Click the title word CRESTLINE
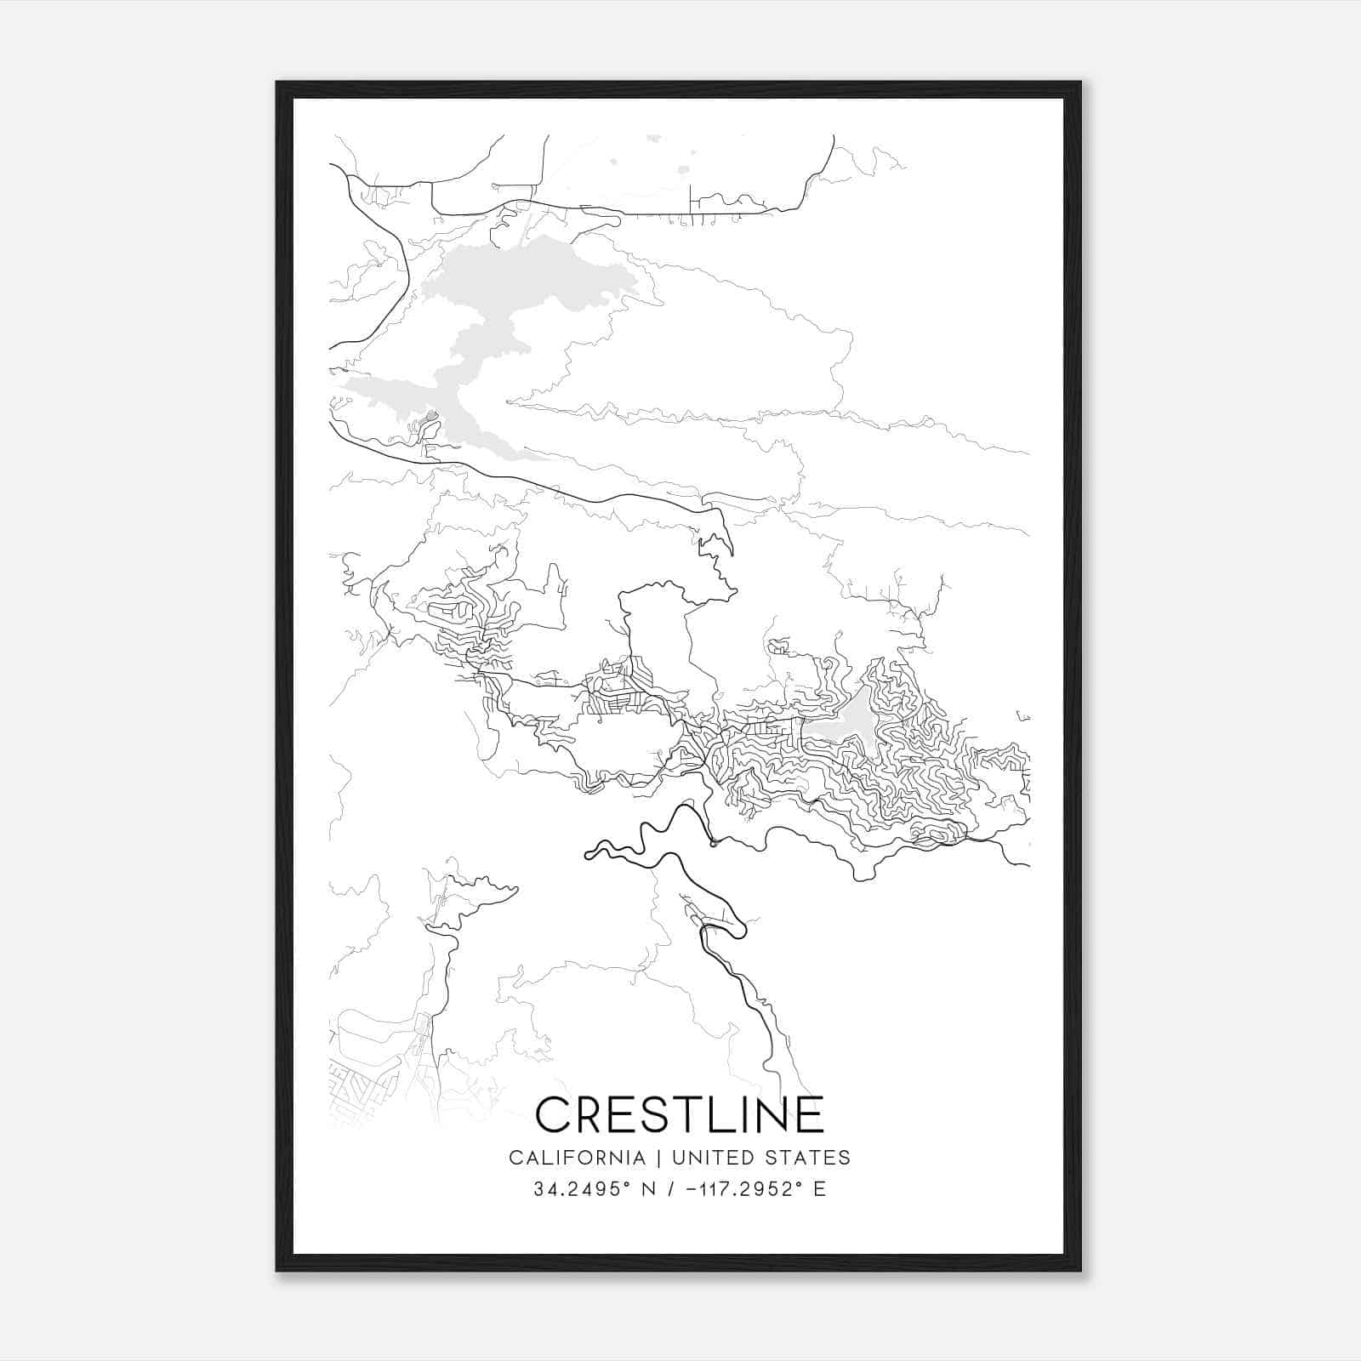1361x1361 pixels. (680, 1114)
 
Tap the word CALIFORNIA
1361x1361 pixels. (576, 1158)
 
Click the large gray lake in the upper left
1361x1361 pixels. (510, 298)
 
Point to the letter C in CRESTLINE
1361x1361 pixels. (554, 1114)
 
